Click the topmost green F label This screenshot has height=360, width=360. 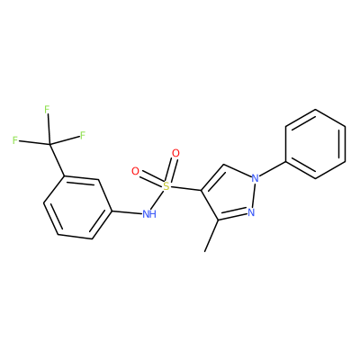coord(47,110)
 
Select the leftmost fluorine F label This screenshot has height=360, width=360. coord(15,140)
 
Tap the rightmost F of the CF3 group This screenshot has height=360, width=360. coord(83,135)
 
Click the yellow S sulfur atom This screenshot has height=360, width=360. coord(166,186)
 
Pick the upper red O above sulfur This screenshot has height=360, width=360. coord(175,153)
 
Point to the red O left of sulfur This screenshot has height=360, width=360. coord(136,171)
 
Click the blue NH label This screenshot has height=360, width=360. coord(149,214)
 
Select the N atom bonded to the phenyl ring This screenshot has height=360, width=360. coord(255,178)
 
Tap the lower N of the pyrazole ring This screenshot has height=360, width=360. coord(251,212)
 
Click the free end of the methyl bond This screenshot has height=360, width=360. coord(204,251)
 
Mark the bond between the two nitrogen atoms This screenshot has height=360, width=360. coord(253,195)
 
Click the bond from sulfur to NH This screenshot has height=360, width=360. coord(158,200)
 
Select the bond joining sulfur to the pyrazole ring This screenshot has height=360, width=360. coord(185,189)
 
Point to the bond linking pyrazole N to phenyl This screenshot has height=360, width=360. coord(273,169)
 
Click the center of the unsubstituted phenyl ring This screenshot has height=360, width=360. coord(316,144)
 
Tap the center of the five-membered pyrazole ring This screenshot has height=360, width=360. coord(230,194)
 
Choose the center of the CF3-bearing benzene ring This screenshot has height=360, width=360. coord(78,208)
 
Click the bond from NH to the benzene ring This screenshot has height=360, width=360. coord(127,212)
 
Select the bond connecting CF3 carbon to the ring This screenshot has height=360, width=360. coord(57,160)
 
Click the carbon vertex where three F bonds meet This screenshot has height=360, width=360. coord(49,145)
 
